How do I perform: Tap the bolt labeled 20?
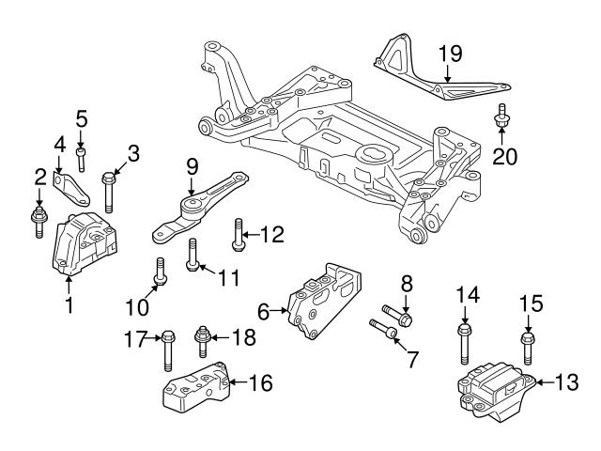(x=500, y=117)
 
